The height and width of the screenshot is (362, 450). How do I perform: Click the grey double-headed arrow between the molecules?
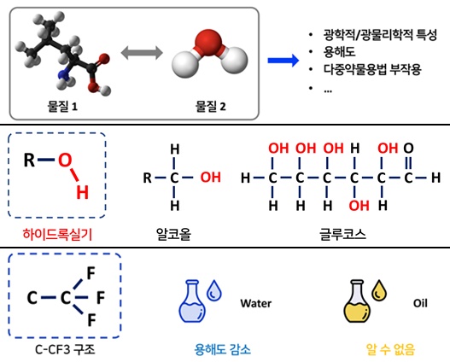click(x=142, y=53)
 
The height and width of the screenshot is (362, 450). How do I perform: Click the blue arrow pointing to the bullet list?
click(x=283, y=61)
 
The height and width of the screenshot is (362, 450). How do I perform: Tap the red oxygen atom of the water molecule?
click(x=208, y=41)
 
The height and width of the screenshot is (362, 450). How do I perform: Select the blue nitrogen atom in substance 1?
click(x=63, y=74)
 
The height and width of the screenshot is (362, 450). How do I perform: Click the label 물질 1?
click(x=62, y=107)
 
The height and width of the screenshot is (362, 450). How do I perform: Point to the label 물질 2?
click(x=210, y=107)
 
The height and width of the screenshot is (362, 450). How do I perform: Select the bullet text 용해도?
click(x=339, y=52)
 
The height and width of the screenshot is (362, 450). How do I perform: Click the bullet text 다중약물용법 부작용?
click(x=372, y=69)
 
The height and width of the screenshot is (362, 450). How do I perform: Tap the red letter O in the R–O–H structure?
click(x=65, y=160)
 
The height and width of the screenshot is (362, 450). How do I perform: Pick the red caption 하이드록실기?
click(x=57, y=234)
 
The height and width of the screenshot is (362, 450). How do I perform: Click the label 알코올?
click(x=173, y=234)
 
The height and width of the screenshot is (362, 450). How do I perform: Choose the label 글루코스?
click(x=342, y=234)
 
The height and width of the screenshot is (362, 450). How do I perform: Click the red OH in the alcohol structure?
click(x=210, y=178)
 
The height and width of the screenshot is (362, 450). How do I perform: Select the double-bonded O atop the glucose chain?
click(x=408, y=149)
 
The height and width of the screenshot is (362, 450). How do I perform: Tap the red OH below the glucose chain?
click(x=359, y=206)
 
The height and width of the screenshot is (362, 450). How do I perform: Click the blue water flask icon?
click(x=192, y=301)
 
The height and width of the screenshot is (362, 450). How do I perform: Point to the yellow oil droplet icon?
click(x=379, y=290)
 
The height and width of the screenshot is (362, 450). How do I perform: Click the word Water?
click(x=255, y=303)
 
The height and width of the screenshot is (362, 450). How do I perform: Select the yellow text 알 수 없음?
click(x=390, y=349)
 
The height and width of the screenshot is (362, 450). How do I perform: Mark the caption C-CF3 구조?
click(x=65, y=349)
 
